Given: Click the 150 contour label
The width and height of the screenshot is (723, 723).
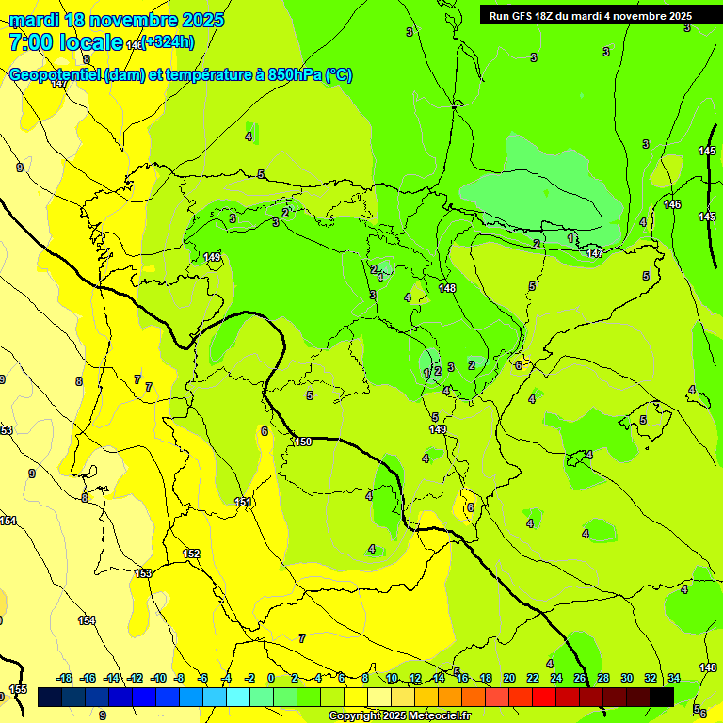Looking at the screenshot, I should [302, 442].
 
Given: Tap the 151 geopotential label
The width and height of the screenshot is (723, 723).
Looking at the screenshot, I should [244, 503].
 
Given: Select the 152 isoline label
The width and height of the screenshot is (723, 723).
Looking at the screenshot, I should [191, 554].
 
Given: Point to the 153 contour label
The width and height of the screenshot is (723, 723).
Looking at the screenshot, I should [143, 573].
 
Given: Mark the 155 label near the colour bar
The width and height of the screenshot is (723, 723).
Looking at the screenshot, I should [18, 690].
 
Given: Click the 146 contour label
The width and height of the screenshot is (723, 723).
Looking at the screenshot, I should [672, 204].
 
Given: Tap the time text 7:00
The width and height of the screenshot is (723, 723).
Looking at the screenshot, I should [30, 42].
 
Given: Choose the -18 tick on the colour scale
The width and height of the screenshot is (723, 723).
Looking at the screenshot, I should [65, 678].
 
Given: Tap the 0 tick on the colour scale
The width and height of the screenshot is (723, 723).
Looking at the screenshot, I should [271, 678].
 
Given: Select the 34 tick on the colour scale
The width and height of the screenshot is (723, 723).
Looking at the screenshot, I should [674, 678].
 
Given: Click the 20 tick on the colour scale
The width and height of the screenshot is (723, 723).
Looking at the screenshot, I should [509, 678].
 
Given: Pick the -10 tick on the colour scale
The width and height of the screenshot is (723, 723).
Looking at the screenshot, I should [158, 678].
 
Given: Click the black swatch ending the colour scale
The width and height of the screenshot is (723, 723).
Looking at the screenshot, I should [662, 697].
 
